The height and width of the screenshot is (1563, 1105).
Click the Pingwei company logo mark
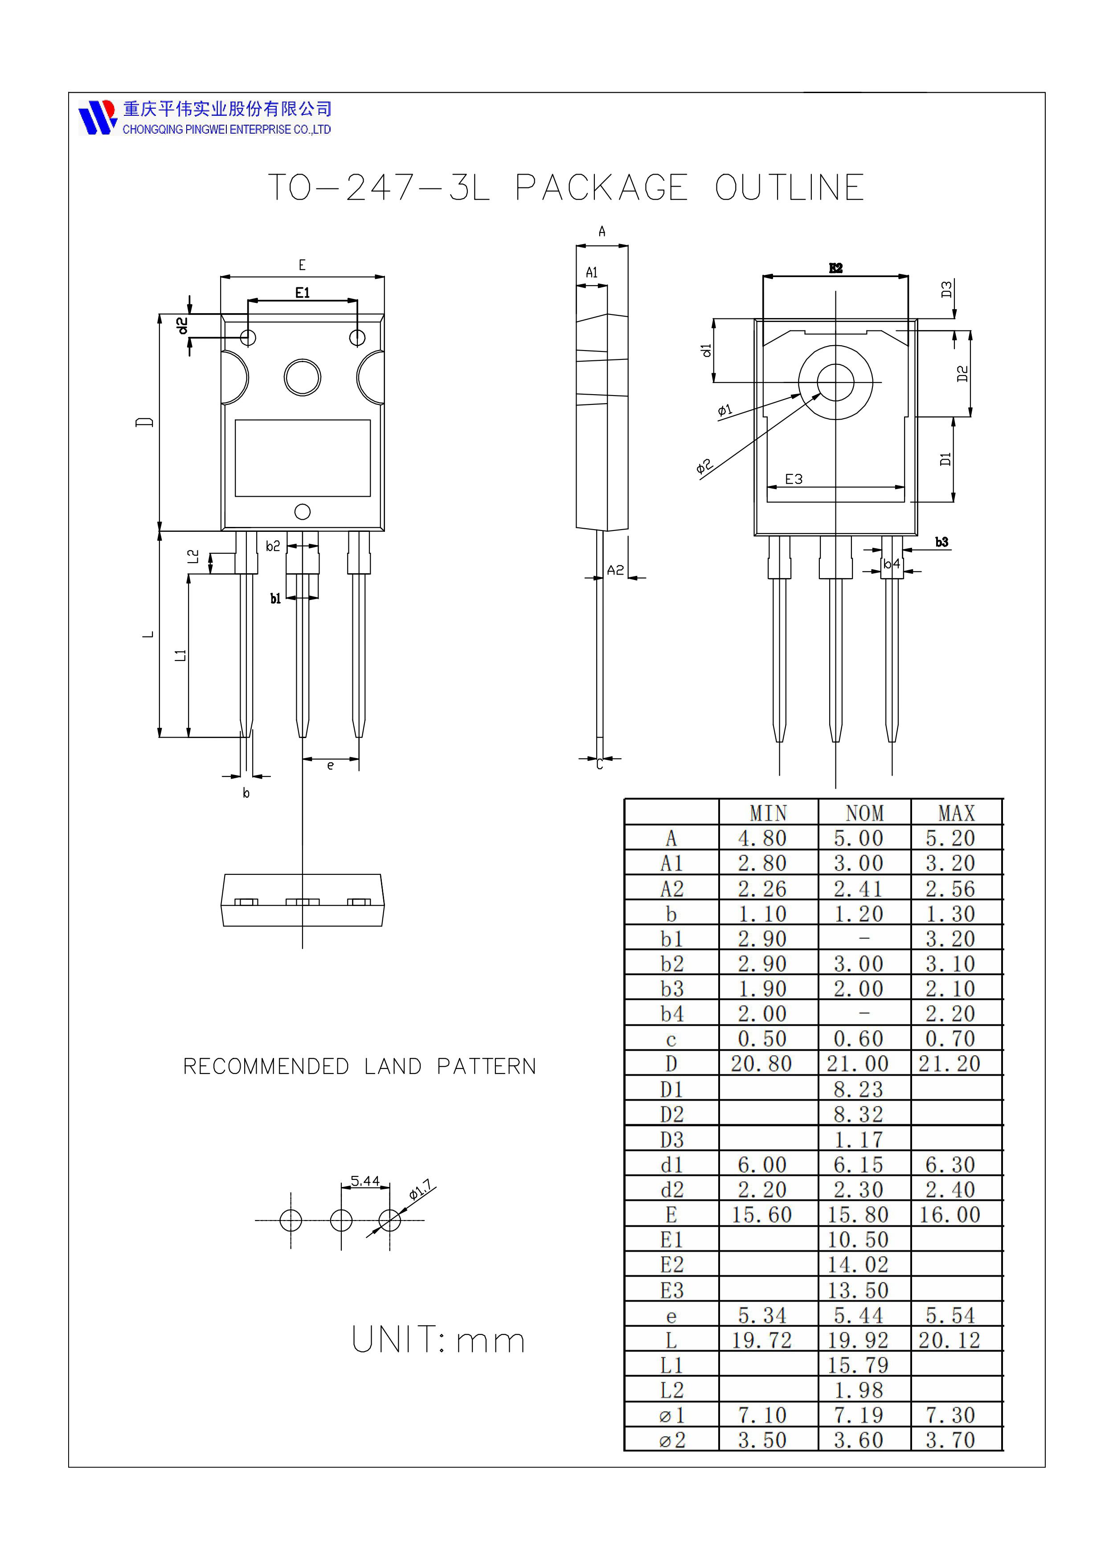click(97, 117)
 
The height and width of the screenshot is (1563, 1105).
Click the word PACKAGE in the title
click(601, 188)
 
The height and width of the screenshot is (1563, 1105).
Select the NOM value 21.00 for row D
click(858, 1063)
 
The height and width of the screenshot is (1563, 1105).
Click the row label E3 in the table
click(671, 1290)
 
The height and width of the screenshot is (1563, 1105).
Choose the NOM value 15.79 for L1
click(858, 1365)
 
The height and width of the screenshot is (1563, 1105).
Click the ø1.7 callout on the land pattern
click(421, 1190)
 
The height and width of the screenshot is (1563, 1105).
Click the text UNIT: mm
click(438, 1340)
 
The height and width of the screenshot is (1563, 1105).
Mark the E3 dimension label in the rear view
click(794, 479)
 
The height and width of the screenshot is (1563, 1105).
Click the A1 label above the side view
click(592, 272)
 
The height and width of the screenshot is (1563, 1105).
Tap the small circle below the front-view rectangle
click(302, 511)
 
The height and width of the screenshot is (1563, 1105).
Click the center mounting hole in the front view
click(302, 377)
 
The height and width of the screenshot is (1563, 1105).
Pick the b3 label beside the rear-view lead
click(941, 542)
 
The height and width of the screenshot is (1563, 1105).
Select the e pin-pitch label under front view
click(330, 766)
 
